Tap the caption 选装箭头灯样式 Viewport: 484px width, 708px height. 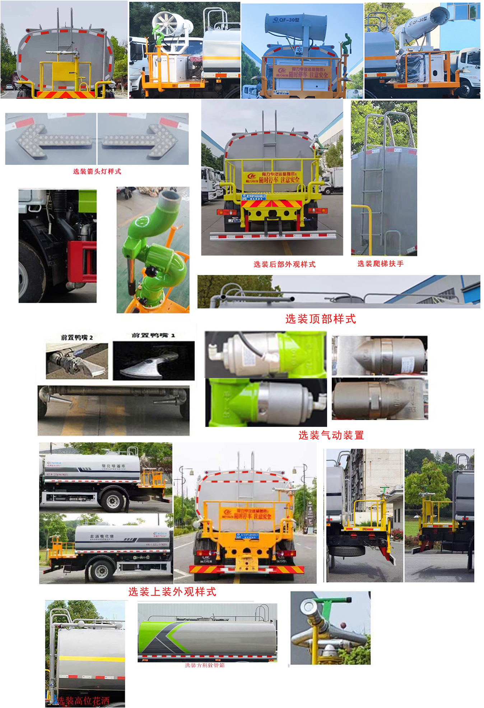(97, 171)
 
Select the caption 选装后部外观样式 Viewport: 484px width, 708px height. (284, 264)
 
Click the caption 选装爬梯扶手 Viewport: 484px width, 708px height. (380, 264)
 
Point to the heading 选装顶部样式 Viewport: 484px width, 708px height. (320, 319)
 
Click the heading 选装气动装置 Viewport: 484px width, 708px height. (331, 435)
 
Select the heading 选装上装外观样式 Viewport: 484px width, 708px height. (172, 592)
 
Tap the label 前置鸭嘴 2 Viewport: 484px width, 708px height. (77, 337)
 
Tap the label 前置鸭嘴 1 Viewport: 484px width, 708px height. (153, 335)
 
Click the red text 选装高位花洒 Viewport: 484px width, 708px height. (83, 700)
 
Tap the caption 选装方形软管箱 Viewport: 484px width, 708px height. (205, 665)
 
